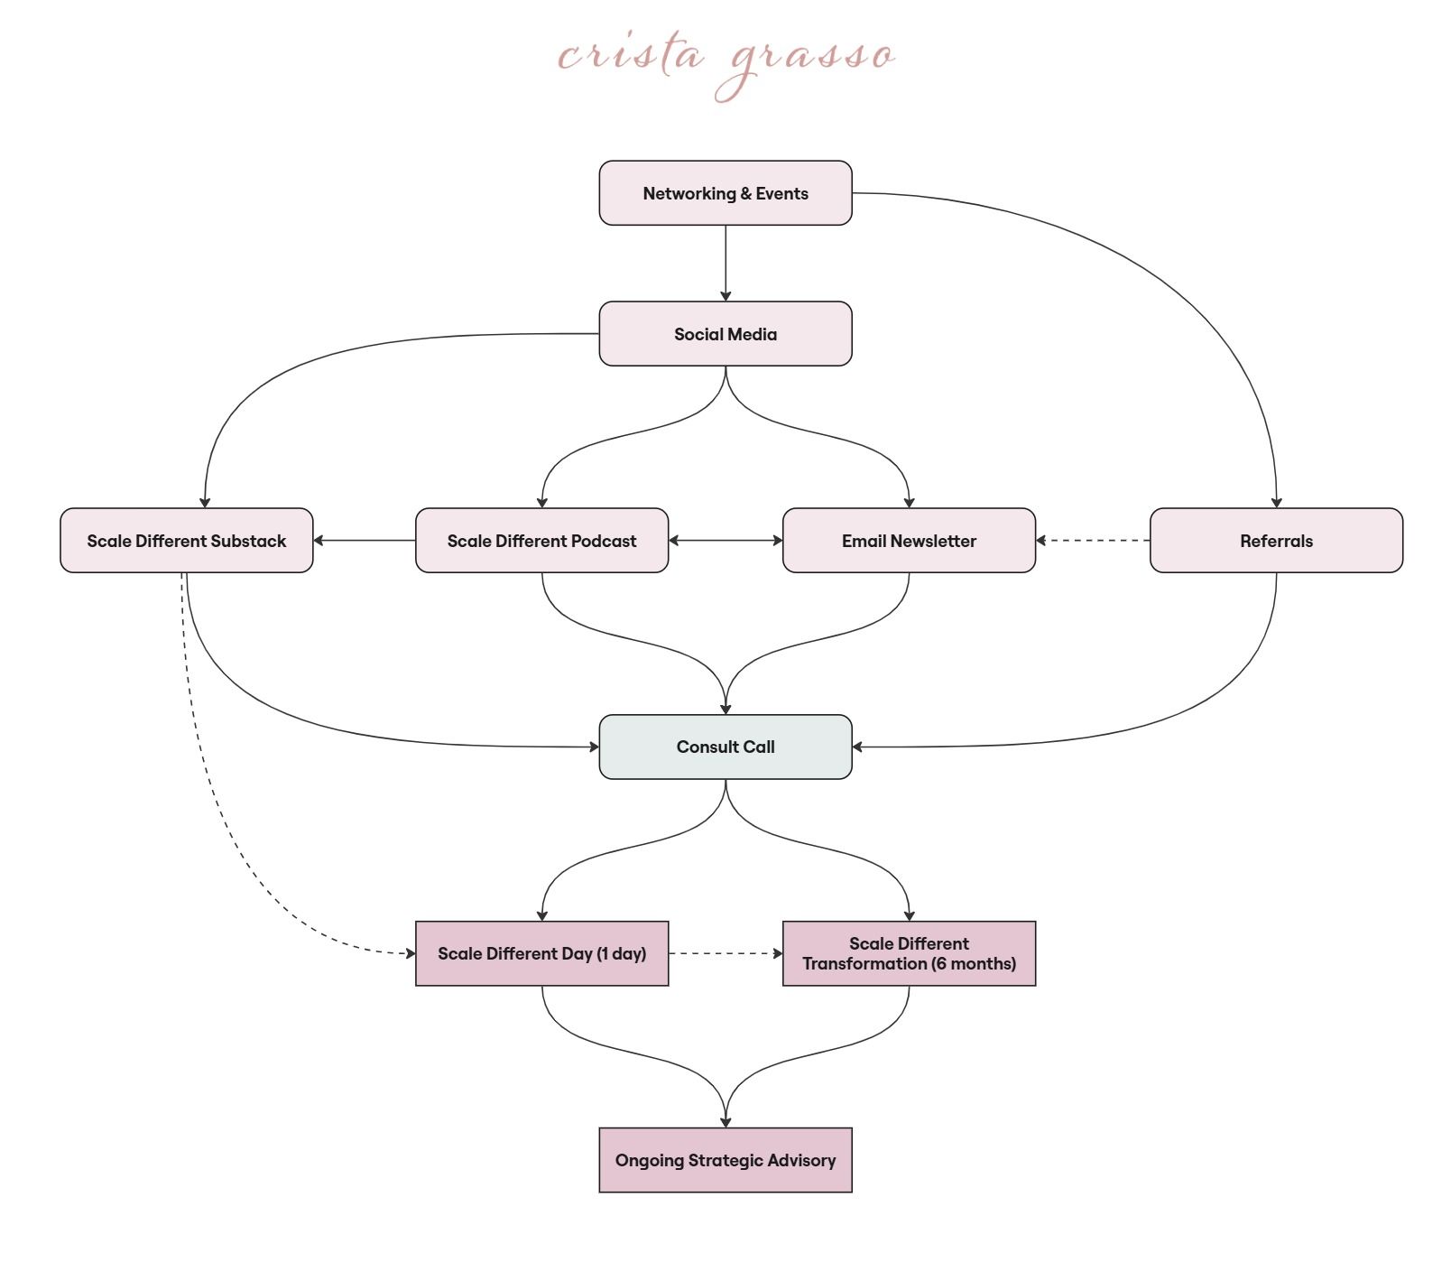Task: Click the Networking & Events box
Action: point(725,193)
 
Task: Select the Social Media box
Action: point(725,334)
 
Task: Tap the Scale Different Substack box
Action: point(187,541)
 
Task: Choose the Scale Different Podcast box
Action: point(542,541)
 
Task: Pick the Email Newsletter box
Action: point(910,541)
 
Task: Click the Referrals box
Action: point(1277,541)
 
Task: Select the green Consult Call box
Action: point(725,747)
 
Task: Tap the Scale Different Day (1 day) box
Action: point(542,953)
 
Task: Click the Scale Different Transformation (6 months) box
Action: point(910,953)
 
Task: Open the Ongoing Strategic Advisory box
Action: point(725,1160)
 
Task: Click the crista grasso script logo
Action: point(726,63)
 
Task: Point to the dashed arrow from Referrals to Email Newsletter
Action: point(1093,541)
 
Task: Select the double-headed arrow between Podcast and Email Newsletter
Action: point(725,541)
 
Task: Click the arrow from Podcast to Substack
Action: point(365,541)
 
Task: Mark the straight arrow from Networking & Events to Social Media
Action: point(725,264)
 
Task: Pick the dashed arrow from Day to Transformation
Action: point(725,953)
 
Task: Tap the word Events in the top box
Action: point(782,193)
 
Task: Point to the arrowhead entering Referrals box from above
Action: point(1277,503)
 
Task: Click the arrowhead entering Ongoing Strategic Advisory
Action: point(725,1122)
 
